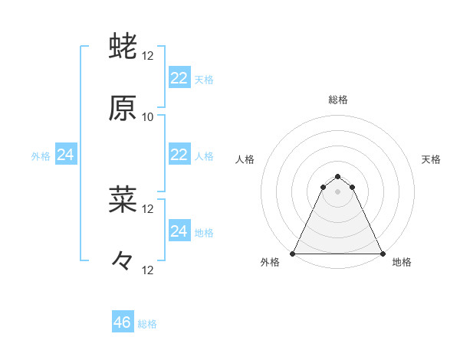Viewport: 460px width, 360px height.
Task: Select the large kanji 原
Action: point(123,108)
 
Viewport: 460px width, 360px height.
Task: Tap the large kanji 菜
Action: point(123,200)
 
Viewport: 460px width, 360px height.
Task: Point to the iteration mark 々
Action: point(123,261)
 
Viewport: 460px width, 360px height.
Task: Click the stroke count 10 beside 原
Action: point(148,117)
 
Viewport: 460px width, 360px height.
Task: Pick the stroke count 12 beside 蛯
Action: point(148,56)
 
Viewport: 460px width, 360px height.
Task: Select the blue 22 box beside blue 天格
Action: point(179,77)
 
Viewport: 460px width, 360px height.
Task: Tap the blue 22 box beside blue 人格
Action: point(179,155)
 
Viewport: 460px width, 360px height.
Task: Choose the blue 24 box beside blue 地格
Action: point(179,231)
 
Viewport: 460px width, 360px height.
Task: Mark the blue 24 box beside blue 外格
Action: point(66,155)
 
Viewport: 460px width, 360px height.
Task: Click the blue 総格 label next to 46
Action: point(147,324)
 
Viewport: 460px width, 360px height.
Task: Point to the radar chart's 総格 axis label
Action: point(338,100)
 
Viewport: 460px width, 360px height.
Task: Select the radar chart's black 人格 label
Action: point(245,159)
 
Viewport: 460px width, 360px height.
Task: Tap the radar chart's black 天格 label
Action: point(432,159)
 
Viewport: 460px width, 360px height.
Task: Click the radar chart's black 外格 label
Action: point(270,263)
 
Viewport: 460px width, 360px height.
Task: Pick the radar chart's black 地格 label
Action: point(402,263)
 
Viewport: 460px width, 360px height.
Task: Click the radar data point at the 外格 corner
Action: point(293,253)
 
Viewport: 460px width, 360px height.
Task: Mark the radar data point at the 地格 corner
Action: point(383,253)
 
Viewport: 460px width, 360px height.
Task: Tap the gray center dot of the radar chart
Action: point(338,191)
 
